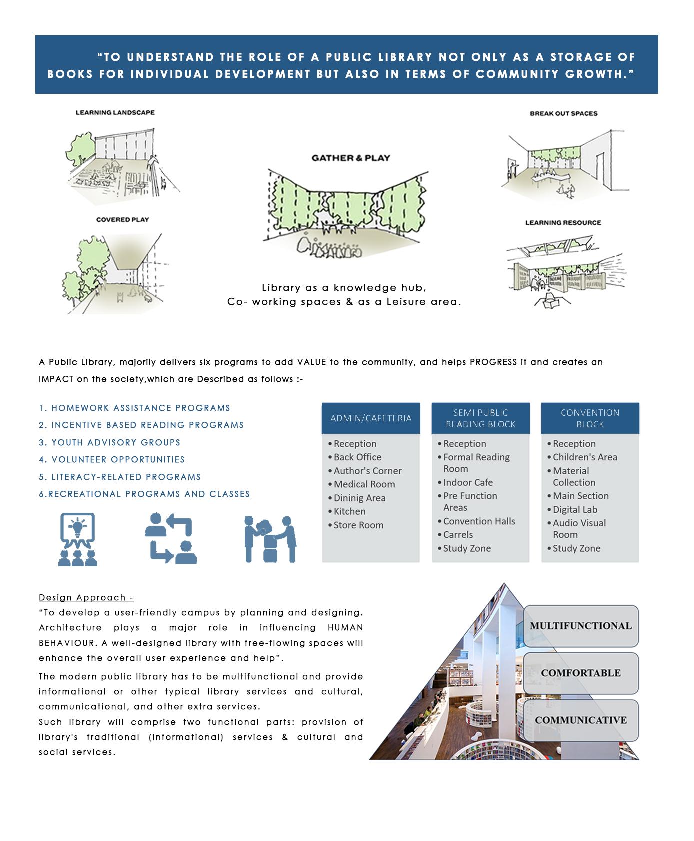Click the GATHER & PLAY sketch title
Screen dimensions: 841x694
pos(351,158)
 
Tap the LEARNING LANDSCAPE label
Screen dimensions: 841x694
pos(115,113)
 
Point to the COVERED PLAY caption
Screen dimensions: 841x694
pos(122,220)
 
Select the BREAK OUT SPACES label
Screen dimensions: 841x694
pos(563,114)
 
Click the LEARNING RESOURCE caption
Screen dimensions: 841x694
pos(563,223)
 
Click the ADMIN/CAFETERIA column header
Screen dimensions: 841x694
pos(371,418)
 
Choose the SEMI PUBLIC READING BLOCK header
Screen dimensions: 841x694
pos(480,418)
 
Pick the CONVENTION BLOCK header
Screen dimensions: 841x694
pos(590,418)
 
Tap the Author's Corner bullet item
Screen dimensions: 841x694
pos(367,471)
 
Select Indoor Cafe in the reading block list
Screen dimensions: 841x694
pos(468,482)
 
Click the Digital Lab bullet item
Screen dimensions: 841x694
pos(575,509)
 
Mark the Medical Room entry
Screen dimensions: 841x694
pos(364,484)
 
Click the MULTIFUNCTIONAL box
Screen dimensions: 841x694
pos(580,626)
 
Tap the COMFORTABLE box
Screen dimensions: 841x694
pos(580,673)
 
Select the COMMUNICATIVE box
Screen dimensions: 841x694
pos(580,720)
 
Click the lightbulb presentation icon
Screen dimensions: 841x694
pos(77,539)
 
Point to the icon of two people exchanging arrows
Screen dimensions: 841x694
pos(170,539)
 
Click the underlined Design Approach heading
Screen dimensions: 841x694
pos(86,598)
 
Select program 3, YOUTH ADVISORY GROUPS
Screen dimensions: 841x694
pos(110,443)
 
